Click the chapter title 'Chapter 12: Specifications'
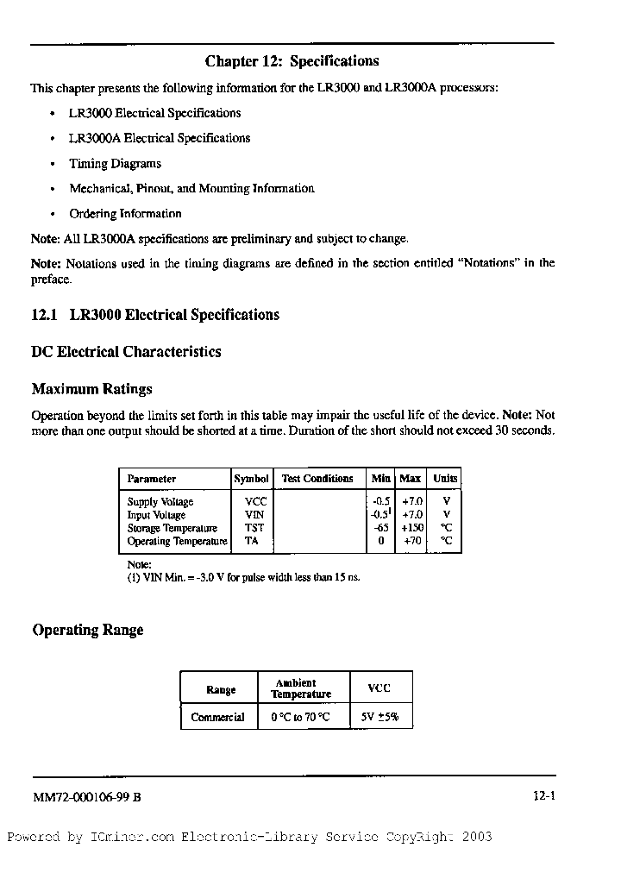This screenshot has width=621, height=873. tap(292, 61)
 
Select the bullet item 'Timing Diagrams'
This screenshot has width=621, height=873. tap(116, 163)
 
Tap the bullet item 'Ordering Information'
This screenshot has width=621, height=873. tap(126, 213)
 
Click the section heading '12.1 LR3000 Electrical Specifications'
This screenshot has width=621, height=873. tap(155, 315)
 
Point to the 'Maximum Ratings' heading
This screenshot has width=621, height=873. tap(91, 389)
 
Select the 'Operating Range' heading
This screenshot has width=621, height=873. tap(88, 630)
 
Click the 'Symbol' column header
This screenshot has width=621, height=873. tap(251, 479)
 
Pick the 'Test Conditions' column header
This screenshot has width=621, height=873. tap(317, 479)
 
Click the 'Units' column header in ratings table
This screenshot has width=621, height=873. tap(445, 479)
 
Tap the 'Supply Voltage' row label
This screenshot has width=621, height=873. tap(160, 502)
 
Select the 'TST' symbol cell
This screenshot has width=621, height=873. tap(254, 528)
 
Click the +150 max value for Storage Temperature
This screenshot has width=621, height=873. tap(411, 528)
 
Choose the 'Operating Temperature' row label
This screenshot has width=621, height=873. tap(177, 542)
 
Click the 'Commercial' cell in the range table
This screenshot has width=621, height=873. tap(217, 717)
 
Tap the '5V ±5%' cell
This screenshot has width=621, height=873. tap(379, 717)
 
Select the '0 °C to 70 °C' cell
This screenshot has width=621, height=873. tap(300, 717)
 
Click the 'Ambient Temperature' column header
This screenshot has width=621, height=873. tap(300, 688)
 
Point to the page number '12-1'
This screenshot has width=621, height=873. tap(543, 798)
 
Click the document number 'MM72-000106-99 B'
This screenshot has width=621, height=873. tap(86, 798)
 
